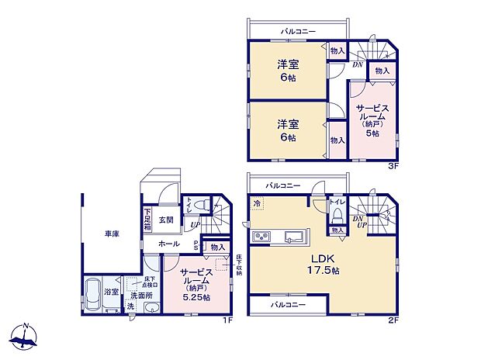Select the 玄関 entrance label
(x=166, y=220)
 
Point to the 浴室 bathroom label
(x=112, y=292)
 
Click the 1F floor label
(x=227, y=317)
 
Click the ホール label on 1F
(x=169, y=244)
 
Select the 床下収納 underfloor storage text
(x=238, y=265)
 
